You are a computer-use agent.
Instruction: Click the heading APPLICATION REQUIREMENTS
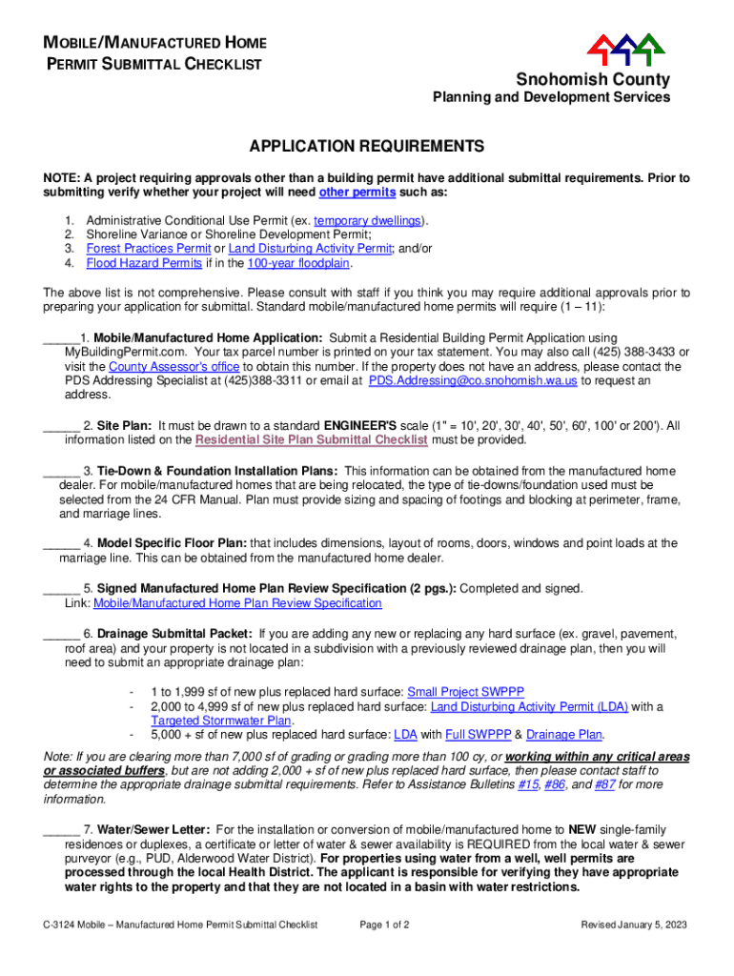click(367, 147)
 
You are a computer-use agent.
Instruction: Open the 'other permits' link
click(357, 192)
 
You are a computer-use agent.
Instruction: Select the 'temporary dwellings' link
click(368, 220)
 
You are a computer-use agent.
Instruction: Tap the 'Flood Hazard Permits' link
click(144, 263)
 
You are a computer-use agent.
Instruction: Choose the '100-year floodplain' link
click(298, 263)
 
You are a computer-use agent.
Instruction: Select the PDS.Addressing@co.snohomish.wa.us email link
click(473, 380)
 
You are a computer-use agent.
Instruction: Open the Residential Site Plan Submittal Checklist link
click(311, 439)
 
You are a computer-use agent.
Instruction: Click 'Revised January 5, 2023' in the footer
click(634, 925)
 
